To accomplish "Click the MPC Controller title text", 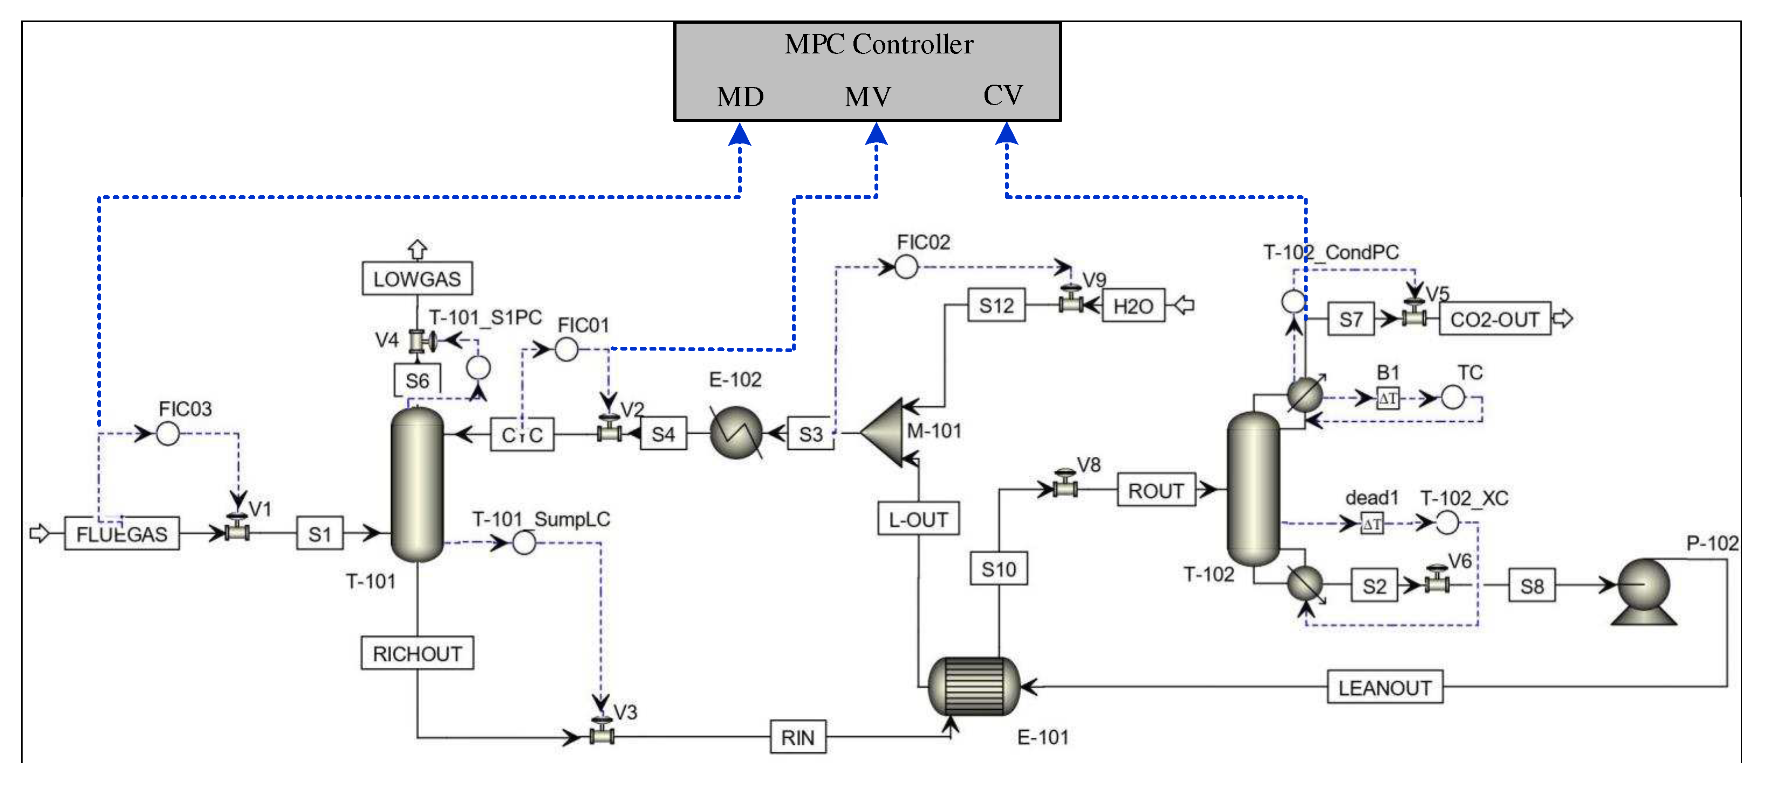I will click(878, 45).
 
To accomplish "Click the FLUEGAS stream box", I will click(121, 534).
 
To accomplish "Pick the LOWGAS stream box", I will click(417, 279).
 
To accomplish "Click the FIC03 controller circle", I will click(168, 434).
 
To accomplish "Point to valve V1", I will click(237, 529).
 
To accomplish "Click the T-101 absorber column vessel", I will click(417, 484).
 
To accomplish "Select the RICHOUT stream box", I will click(417, 654).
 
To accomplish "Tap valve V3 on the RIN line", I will click(602, 732).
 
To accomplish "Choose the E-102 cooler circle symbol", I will click(735, 433).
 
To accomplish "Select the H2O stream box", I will click(1133, 306).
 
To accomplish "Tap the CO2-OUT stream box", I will click(1494, 319).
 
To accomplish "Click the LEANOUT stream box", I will click(1384, 687).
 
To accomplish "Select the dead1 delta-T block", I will click(1371, 524).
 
